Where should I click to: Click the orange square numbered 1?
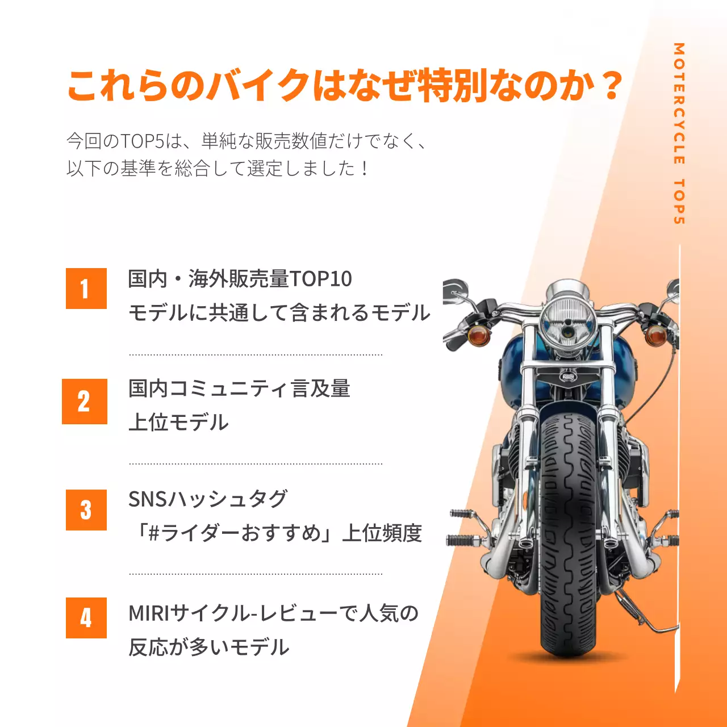pyautogui.click(x=86, y=289)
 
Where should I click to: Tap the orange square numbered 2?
pyautogui.click(x=84, y=401)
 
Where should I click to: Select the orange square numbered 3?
pyautogui.click(x=86, y=510)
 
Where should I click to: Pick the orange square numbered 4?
pyautogui.click(x=86, y=618)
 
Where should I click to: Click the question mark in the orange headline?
pyautogui.click(x=612, y=86)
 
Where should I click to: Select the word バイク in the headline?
pyautogui.click(x=258, y=86)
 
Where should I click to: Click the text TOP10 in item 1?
pyautogui.click(x=320, y=279)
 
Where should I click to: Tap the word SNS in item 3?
pyautogui.click(x=148, y=499)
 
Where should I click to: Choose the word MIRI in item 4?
pyautogui.click(x=149, y=613)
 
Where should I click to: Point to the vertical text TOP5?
pyautogui.click(x=679, y=202)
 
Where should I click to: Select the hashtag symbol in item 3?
pyautogui.click(x=153, y=533)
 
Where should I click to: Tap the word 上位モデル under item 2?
pyautogui.click(x=178, y=423)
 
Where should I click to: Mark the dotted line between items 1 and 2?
pyautogui.click(x=256, y=355)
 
